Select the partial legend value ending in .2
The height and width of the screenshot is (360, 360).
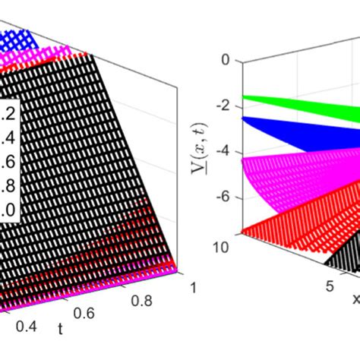click(x=9, y=113)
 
